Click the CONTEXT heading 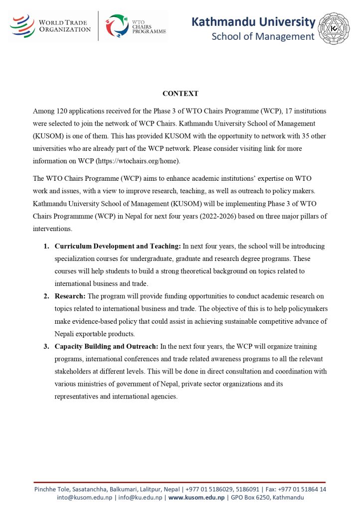tap(180, 94)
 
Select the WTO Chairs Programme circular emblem tap(117, 25)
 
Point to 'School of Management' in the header tap(263, 36)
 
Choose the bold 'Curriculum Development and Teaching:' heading tap(118, 246)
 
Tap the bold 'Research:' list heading tap(70, 296)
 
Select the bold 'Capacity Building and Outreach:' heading tap(106, 346)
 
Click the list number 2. tap(46, 296)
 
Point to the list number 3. tap(46, 346)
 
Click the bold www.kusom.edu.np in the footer tap(196, 498)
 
